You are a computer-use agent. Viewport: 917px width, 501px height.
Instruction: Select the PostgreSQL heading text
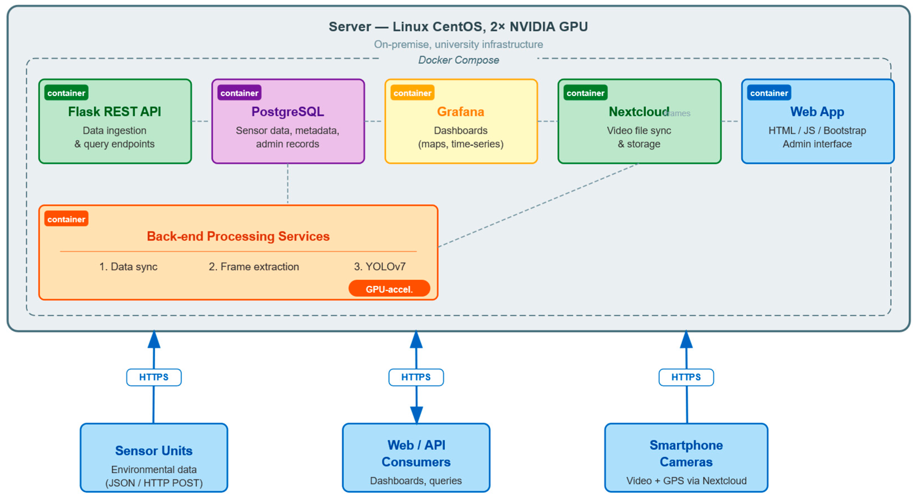click(x=288, y=112)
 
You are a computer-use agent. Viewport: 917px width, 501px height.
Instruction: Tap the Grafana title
click(x=460, y=112)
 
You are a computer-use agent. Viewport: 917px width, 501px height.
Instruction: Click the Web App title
click(x=817, y=112)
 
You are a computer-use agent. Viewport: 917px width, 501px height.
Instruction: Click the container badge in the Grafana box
click(x=412, y=93)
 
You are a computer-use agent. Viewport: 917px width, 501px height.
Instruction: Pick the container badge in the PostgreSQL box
click(x=239, y=93)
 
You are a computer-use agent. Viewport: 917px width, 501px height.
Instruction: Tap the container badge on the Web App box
click(x=769, y=93)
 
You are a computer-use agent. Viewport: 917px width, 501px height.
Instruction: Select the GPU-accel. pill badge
click(x=389, y=289)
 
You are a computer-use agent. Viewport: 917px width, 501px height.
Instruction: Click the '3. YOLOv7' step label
click(x=379, y=266)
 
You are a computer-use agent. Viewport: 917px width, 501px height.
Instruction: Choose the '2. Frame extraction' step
click(x=253, y=266)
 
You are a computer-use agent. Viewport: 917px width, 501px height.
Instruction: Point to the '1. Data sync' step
click(x=128, y=266)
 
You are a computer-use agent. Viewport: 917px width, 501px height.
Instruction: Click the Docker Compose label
click(x=458, y=60)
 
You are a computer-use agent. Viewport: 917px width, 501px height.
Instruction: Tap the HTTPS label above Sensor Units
click(x=154, y=377)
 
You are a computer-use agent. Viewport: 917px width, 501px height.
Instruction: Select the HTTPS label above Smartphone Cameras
click(x=686, y=377)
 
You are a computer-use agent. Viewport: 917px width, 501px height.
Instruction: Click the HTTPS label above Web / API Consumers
click(x=416, y=377)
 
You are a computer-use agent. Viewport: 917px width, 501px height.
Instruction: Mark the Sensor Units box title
click(x=154, y=451)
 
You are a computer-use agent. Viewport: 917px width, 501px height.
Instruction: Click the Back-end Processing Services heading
click(x=238, y=236)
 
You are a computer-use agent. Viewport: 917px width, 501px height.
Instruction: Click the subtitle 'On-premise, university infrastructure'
click(x=458, y=44)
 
